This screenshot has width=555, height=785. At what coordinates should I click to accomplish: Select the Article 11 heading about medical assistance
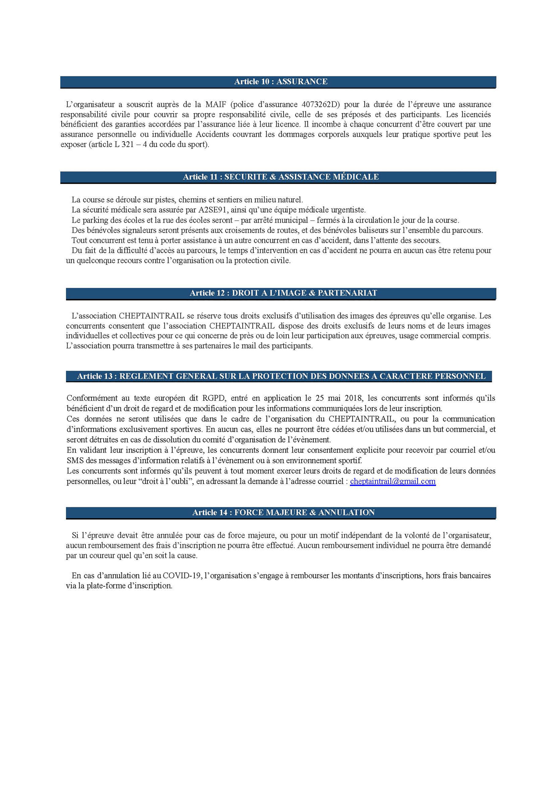pyautogui.click(x=281, y=177)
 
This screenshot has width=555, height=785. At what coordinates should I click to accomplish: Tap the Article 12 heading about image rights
pyautogui.click(x=283, y=293)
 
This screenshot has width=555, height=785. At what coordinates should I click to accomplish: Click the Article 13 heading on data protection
pyautogui.click(x=281, y=376)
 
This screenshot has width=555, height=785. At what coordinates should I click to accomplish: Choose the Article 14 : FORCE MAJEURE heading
pyautogui.click(x=283, y=512)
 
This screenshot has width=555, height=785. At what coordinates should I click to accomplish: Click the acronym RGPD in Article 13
pyautogui.click(x=213, y=398)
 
